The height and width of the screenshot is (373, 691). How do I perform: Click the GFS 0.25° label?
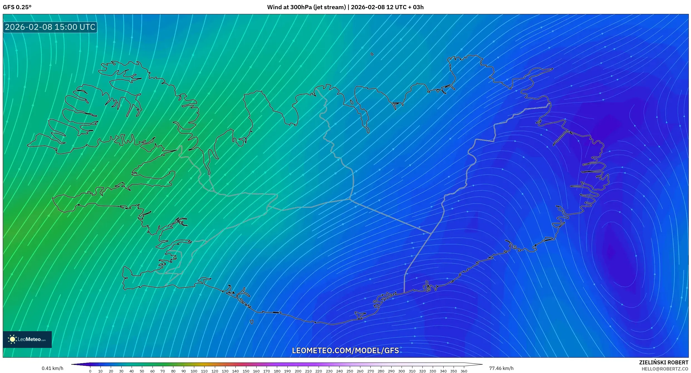click(x=17, y=7)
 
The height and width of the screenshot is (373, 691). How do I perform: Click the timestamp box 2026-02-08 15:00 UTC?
click(x=50, y=27)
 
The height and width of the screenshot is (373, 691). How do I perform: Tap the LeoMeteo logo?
click(x=27, y=339)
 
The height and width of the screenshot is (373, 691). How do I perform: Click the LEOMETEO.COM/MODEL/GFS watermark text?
click(x=345, y=350)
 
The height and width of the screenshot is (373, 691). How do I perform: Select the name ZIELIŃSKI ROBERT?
click(x=663, y=362)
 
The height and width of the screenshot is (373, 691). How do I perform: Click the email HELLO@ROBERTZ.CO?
click(x=665, y=369)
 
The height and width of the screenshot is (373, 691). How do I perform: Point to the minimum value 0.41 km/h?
click(x=52, y=368)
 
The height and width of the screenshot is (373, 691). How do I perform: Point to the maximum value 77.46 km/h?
click(x=501, y=368)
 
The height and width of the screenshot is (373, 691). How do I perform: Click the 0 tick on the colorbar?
click(x=90, y=371)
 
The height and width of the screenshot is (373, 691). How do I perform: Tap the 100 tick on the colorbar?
click(x=194, y=371)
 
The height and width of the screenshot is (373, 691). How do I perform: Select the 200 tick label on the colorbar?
click(x=298, y=371)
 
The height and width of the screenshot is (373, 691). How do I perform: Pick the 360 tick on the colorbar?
click(x=464, y=371)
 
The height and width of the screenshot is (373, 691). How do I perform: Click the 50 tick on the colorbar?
click(x=142, y=371)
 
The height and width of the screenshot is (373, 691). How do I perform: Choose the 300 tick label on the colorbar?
click(x=402, y=371)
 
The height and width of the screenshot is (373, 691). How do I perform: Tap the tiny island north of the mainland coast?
click(x=372, y=54)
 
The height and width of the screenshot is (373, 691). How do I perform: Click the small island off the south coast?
click(x=252, y=322)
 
